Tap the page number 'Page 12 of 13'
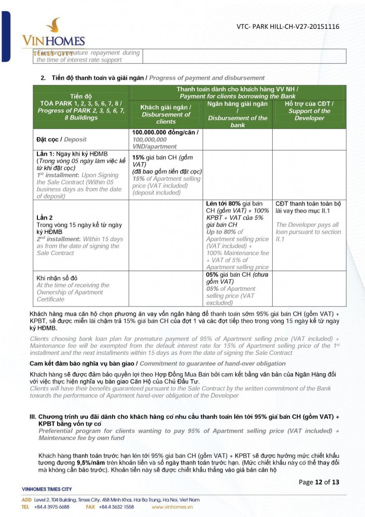(319, 482)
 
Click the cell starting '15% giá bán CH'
(166, 175)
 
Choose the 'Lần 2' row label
(45, 218)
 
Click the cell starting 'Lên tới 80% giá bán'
(237, 235)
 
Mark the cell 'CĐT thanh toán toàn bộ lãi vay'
(308, 207)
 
